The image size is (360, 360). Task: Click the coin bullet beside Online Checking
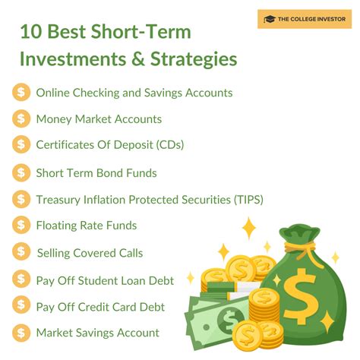coord(21,93)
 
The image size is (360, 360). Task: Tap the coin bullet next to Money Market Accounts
coord(21,119)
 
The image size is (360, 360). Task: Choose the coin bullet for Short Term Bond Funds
coord(21,172)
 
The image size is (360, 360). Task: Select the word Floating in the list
coord(59,226)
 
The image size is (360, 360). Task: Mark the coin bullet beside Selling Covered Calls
coord(21,252)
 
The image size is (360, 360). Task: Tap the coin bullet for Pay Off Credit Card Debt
coord(21,306)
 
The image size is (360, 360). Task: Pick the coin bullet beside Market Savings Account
coord(21,333)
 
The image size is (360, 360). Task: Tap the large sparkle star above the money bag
coord(248,228)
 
